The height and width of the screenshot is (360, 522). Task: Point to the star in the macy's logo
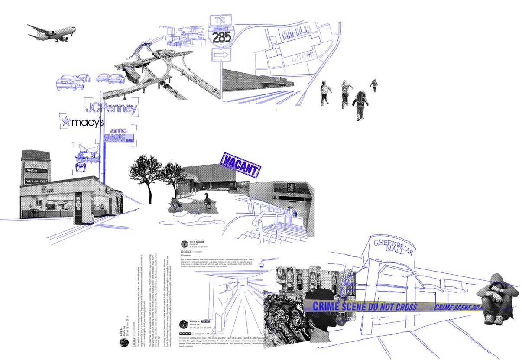[x=66, y=122]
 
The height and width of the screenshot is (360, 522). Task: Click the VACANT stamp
[x=241, y=165]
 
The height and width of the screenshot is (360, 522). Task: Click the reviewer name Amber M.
[x=195, y=321]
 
